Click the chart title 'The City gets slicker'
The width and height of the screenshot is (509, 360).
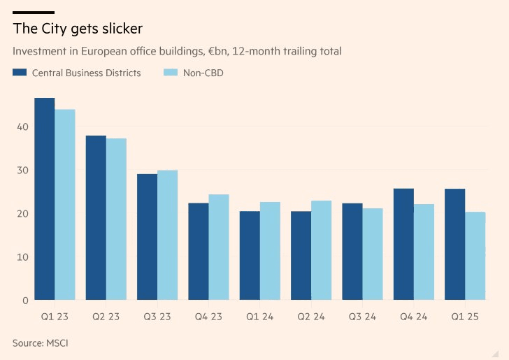(x=78, y=29)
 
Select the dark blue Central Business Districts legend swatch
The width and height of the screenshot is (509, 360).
(x=20, y=73)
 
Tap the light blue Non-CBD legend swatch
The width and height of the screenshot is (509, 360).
(x=170, y=73)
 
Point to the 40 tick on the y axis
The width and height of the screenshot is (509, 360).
(x=23, y=127)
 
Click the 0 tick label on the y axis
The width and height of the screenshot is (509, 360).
(x=25, y=301)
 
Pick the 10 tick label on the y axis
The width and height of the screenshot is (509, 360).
(x=23, y=257)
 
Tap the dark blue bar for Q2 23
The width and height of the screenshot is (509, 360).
(x=96, y=218)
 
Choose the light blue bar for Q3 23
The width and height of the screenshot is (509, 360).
(x=167, y=236)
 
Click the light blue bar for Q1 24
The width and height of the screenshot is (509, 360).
(x=269, y=252)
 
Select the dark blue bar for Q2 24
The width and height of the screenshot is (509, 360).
(x=301, y=256)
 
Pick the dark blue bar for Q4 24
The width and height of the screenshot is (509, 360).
(x=403, y=245)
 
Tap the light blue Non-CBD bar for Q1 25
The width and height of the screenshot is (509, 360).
(x=475, y=257)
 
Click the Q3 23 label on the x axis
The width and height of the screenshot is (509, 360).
(x=157, y=317)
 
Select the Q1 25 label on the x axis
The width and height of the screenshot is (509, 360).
(x=464, y=317)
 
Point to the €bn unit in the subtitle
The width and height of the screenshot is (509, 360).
(x=208, y=51)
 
